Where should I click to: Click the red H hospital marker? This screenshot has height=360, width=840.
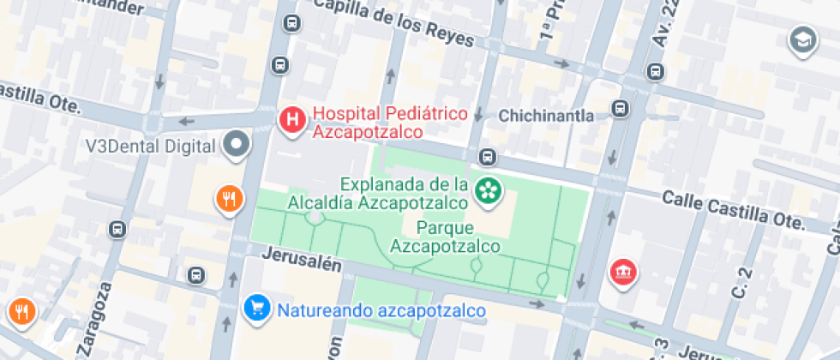pos(292,121)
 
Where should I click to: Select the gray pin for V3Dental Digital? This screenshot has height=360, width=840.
pos(236,145)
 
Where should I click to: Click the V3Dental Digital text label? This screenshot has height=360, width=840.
pos(150,146)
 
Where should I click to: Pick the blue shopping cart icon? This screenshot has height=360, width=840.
pos(255,309)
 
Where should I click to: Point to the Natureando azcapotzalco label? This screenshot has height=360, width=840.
pos(381,310)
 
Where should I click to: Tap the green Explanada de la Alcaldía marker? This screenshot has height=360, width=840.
pos(489,192)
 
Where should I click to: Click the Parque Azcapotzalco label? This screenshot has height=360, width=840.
pos(445,237)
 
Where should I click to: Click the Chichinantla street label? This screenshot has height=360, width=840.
pos(546,115)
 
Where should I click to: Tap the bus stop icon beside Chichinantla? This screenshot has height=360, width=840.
pos(620,109)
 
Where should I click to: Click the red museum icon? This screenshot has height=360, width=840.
pos(620,273)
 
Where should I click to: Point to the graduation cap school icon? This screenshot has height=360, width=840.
pos(802,39)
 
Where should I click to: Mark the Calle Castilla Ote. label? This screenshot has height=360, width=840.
pos(734,210)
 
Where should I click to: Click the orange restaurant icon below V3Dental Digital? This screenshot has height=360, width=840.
pos(227,200)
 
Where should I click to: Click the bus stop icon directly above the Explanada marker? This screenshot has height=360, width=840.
pos(488,157)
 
